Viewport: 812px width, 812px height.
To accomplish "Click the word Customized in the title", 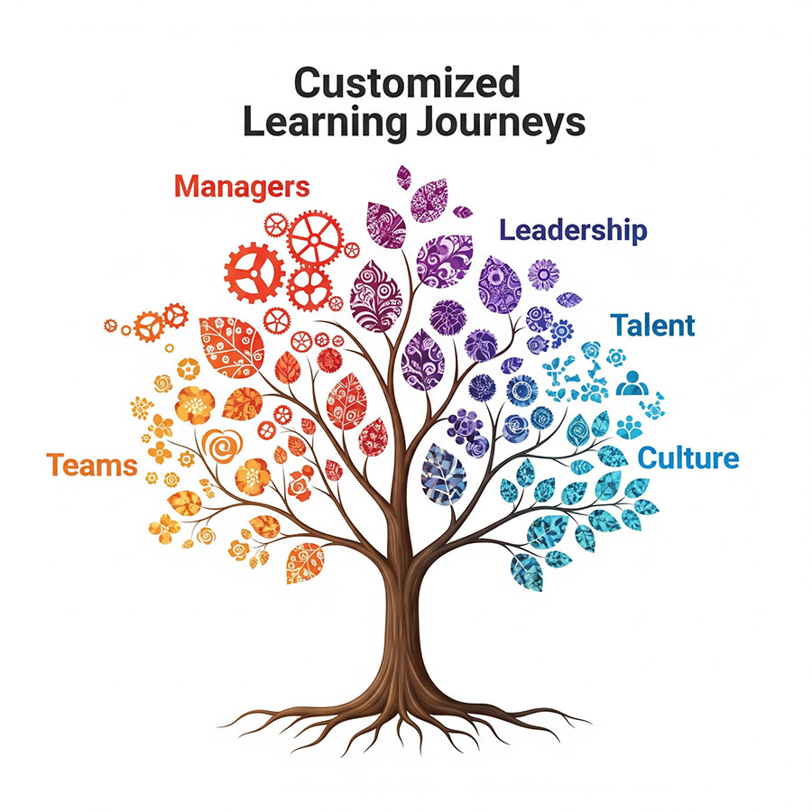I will click(407, 84).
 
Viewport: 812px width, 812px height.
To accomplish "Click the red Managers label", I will click(242, 188).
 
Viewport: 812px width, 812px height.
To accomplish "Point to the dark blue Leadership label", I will click(574, 230).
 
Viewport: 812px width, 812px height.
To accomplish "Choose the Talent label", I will click(653, 325).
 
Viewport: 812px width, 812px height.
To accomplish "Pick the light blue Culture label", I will click(688, 457).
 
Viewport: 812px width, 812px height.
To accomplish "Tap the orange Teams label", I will click(92, 466).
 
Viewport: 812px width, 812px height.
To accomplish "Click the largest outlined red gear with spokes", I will click(315, 238).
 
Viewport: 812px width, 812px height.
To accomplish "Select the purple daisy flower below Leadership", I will click(543, 273).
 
